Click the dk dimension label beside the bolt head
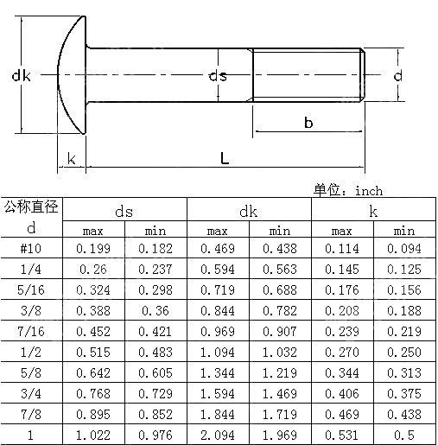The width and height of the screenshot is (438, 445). pos(22,77)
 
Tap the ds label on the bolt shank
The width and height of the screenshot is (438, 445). pos(218,76)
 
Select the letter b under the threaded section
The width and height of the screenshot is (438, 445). pos(308,124)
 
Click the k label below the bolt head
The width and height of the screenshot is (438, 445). pos(71,158)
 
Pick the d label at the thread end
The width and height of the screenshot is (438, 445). pos(397,76)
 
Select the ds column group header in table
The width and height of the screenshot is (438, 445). pos(124,210)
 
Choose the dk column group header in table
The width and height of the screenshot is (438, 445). pos(249,210)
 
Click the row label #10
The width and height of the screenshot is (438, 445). pos(31,249)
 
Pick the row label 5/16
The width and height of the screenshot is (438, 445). pos(31,289)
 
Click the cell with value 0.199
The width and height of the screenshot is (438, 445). pos(93,249)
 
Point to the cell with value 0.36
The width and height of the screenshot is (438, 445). pos(156,310)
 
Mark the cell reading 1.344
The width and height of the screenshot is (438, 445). pos(218,372)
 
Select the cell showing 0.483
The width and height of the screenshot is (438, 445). pos(156,352)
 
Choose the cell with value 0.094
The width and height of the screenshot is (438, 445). pos(404,249)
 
